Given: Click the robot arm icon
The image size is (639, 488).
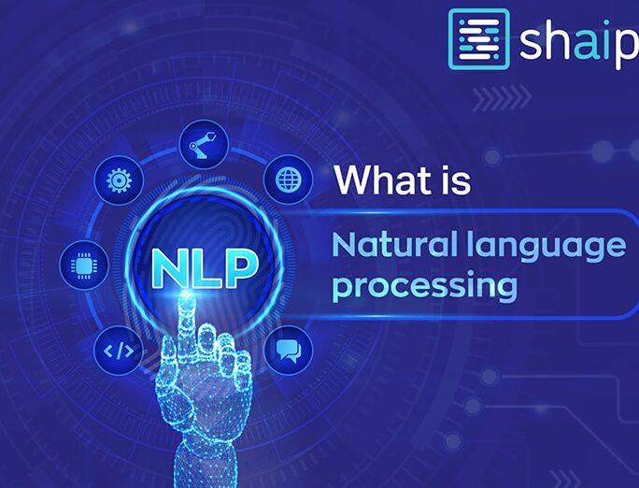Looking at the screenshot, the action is click(x=204, y=144).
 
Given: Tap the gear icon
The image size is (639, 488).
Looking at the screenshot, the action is click(x=119, y=179).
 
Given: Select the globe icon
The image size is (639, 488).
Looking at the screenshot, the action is click(x=289, y=179).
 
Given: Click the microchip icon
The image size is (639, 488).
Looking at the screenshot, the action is click(x=84, y=266).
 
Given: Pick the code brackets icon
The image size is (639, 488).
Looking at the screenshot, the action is click(x=119, y=351).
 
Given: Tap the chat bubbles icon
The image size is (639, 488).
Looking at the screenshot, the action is click(x=289, y=351).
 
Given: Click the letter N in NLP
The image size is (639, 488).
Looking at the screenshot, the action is click(x=169, y=267).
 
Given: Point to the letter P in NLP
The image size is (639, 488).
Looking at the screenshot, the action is click(x=241, y=267).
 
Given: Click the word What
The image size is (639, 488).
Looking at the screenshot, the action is click(x=383, y=179).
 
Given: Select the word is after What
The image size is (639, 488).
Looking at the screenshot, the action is click(x=456, y=180).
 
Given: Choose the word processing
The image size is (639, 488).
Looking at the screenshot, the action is click(x=425, y=287).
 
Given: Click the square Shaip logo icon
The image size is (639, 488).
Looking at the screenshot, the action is click(x=479, y=39).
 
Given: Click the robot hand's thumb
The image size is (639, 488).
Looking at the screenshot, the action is click(x=167, y=366).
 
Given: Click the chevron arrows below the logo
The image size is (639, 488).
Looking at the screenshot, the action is click(x=502, y=98).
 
